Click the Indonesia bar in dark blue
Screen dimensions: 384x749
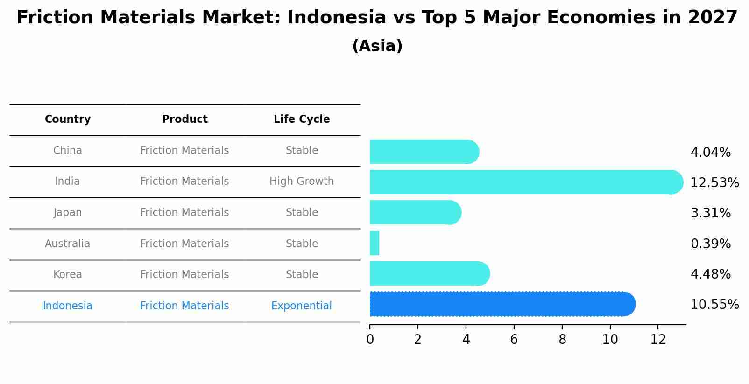(x=502, y=304)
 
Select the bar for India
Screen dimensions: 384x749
(x=526, y=182)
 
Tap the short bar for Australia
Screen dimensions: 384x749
(x=374, y=243)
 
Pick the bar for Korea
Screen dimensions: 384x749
(x=429, y=273)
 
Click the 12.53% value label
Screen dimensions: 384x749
(x=714, y=182)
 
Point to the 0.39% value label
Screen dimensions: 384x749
(x=710, y=244)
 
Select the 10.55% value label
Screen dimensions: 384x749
(x=714, y=305)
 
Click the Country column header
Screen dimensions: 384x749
(x=68, y=119)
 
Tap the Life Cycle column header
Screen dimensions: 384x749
(x=302, y=119)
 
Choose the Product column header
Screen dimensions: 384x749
(x=184, y=119)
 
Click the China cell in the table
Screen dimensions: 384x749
(x=68, y=151)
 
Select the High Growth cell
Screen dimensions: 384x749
(x=302, y=182)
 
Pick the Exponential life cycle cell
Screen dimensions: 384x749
(x=302, y=306)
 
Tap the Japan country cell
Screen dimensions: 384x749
(x=68, y=213)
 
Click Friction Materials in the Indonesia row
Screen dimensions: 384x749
(x=184, y=306)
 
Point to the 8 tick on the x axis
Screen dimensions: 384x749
(x=562, y=340)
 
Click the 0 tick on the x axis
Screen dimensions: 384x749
(x=370, y=340)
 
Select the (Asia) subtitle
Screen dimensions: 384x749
(x=377, y=46)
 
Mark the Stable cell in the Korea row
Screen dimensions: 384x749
(x=302, y=275)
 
